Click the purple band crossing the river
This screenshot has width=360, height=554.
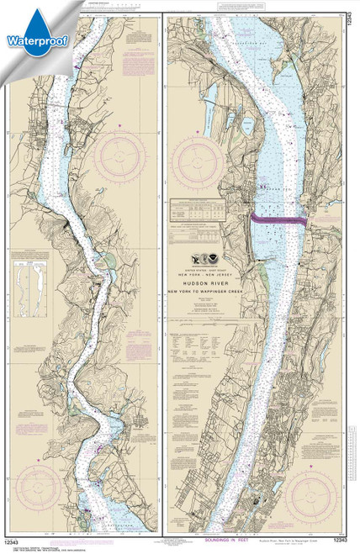[x=278, y=218]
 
